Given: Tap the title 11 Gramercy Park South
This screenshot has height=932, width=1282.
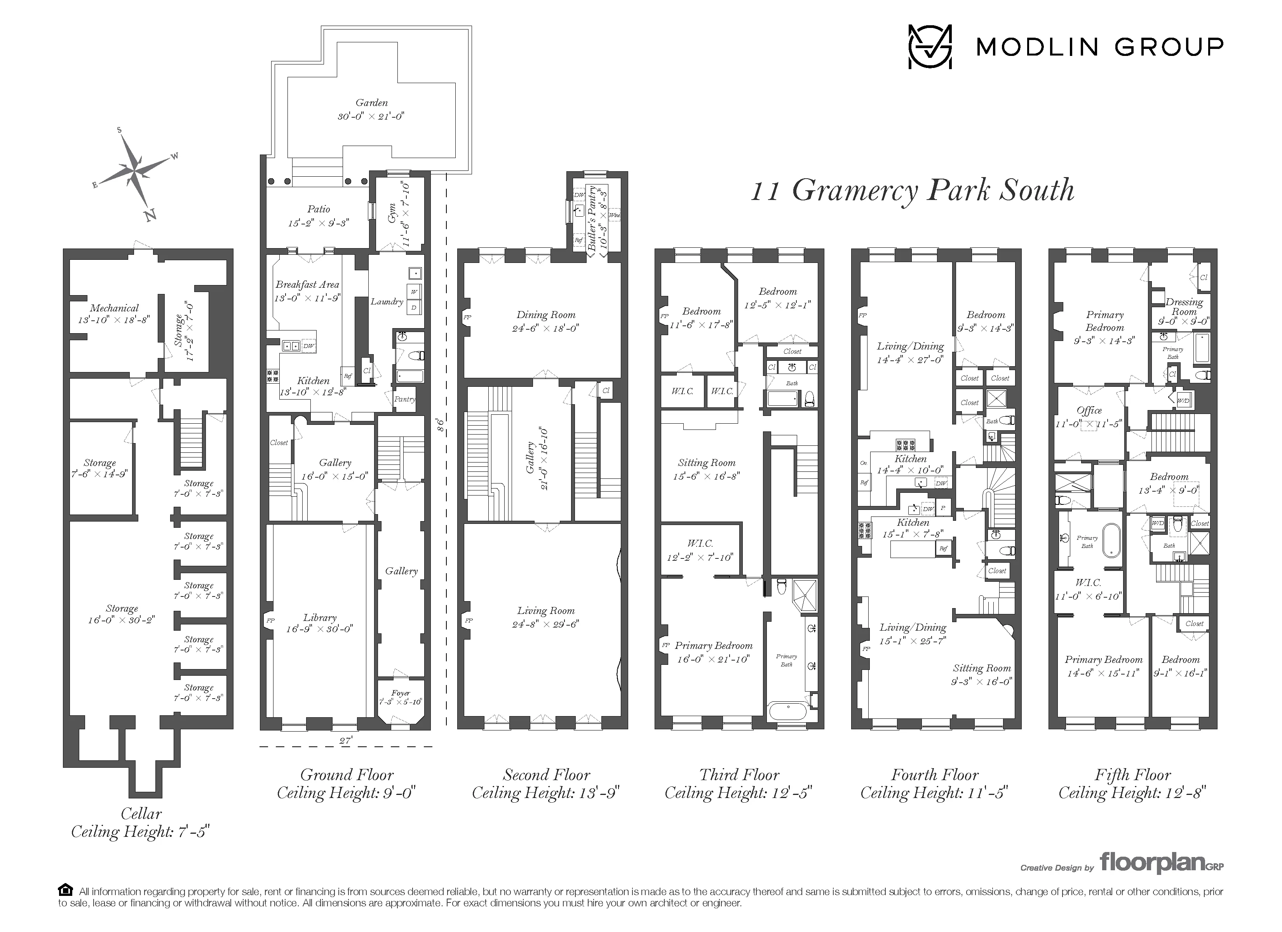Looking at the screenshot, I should (x=912, y=190).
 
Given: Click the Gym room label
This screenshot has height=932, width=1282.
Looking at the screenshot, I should (x=392, y=213).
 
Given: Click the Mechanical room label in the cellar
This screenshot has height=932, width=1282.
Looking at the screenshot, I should (x=114, y=308).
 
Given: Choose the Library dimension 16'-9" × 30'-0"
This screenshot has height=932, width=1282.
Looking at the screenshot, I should (x=319, y=628).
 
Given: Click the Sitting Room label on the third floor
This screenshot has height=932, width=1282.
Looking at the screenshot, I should (x=707, y=463).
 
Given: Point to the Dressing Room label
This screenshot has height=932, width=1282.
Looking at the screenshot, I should (x=1184, y=306).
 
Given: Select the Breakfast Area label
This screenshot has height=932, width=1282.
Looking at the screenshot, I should (x=307, y=284).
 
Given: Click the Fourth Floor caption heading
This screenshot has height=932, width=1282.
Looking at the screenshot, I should (x=934, y=774).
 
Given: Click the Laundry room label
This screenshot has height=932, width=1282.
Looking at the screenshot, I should (x=387, y=302).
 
